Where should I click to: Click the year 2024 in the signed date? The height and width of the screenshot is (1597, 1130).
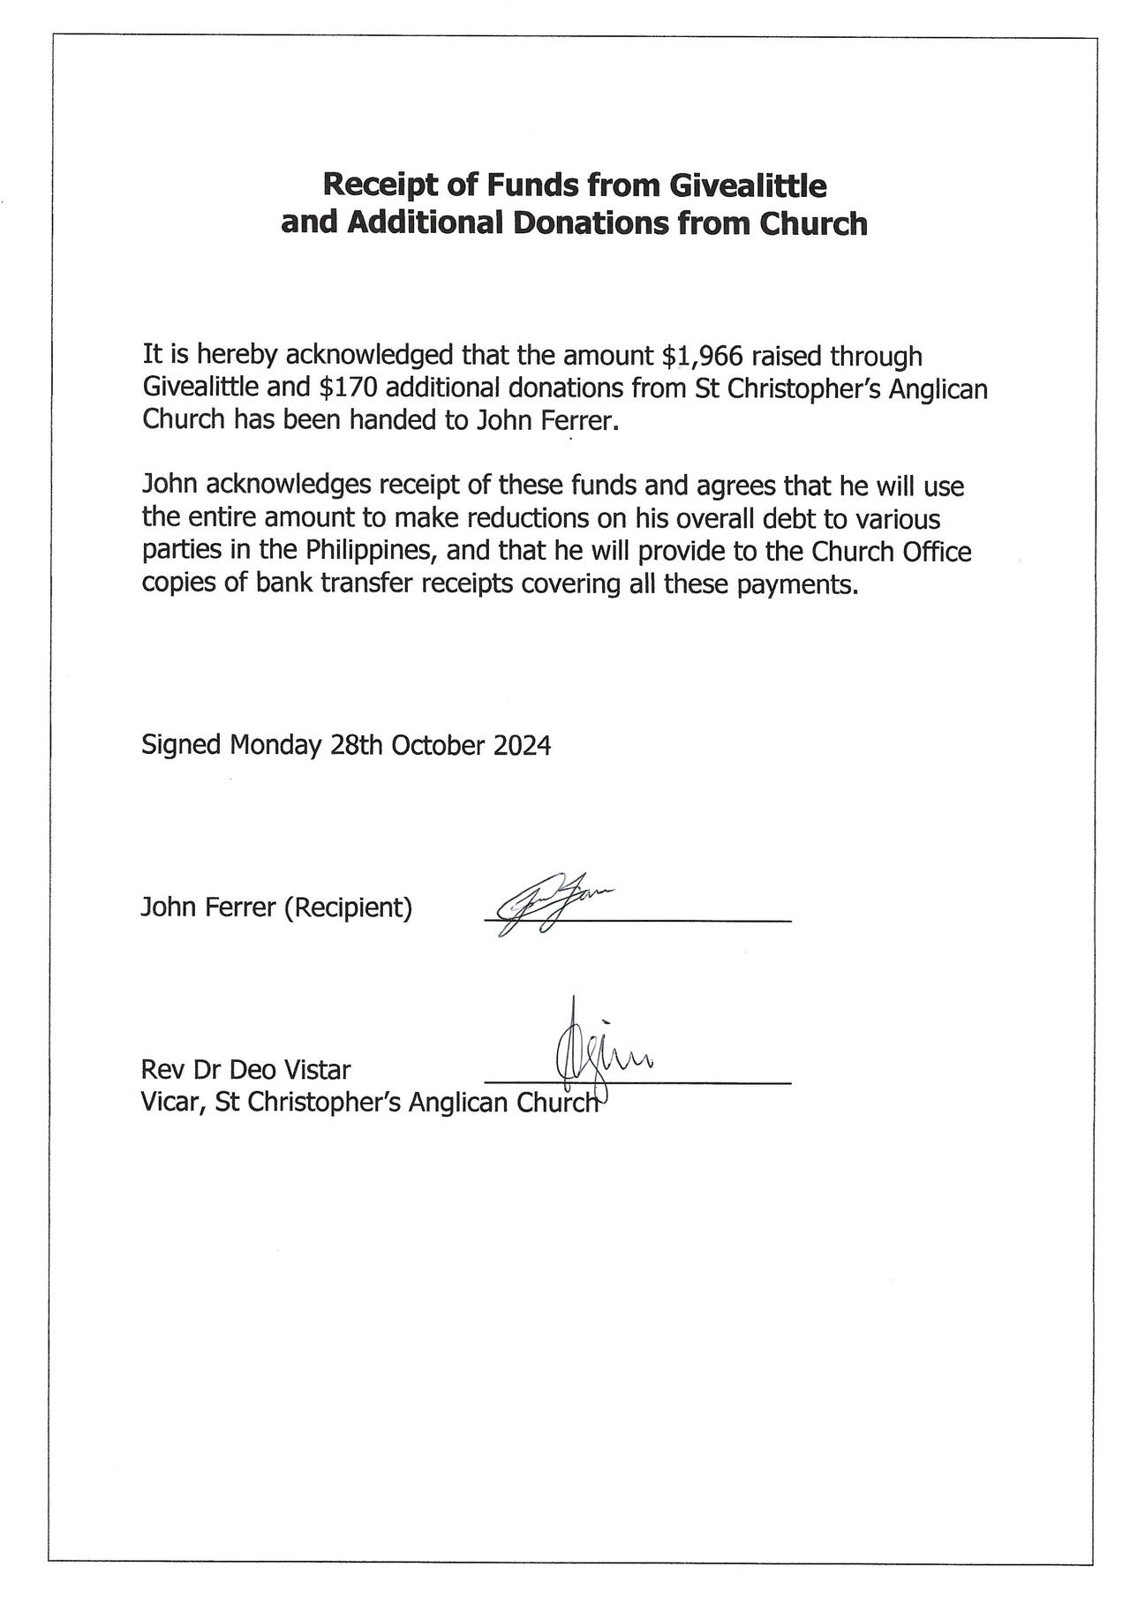(522, 745)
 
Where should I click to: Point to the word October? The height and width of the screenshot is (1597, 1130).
(438, 745)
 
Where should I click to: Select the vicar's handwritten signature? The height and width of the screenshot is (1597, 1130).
(600, 1055)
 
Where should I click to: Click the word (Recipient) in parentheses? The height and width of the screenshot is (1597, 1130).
(348, 908)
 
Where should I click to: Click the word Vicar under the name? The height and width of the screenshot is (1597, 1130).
(172, 1103)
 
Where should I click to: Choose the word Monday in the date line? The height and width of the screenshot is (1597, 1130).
(275, 745)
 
